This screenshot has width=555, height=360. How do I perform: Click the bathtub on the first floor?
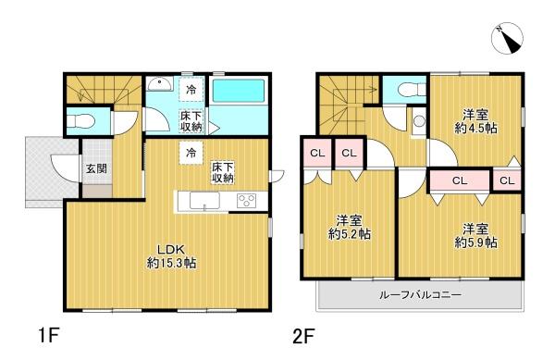[x=238, y=94]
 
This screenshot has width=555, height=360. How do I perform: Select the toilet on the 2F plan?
[x=404, y=90]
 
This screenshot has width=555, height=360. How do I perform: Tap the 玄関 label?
[x=96, y=169]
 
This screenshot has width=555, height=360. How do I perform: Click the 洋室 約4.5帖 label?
[x=477, y=121]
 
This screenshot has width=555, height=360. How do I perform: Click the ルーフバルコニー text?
[x=419, y=295]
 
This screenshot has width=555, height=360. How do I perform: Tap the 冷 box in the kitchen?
[x=191, y=152]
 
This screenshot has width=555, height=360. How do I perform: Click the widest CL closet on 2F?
[x=459, y=181]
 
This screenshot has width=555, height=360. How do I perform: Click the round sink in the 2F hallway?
[x=419, y=120]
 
